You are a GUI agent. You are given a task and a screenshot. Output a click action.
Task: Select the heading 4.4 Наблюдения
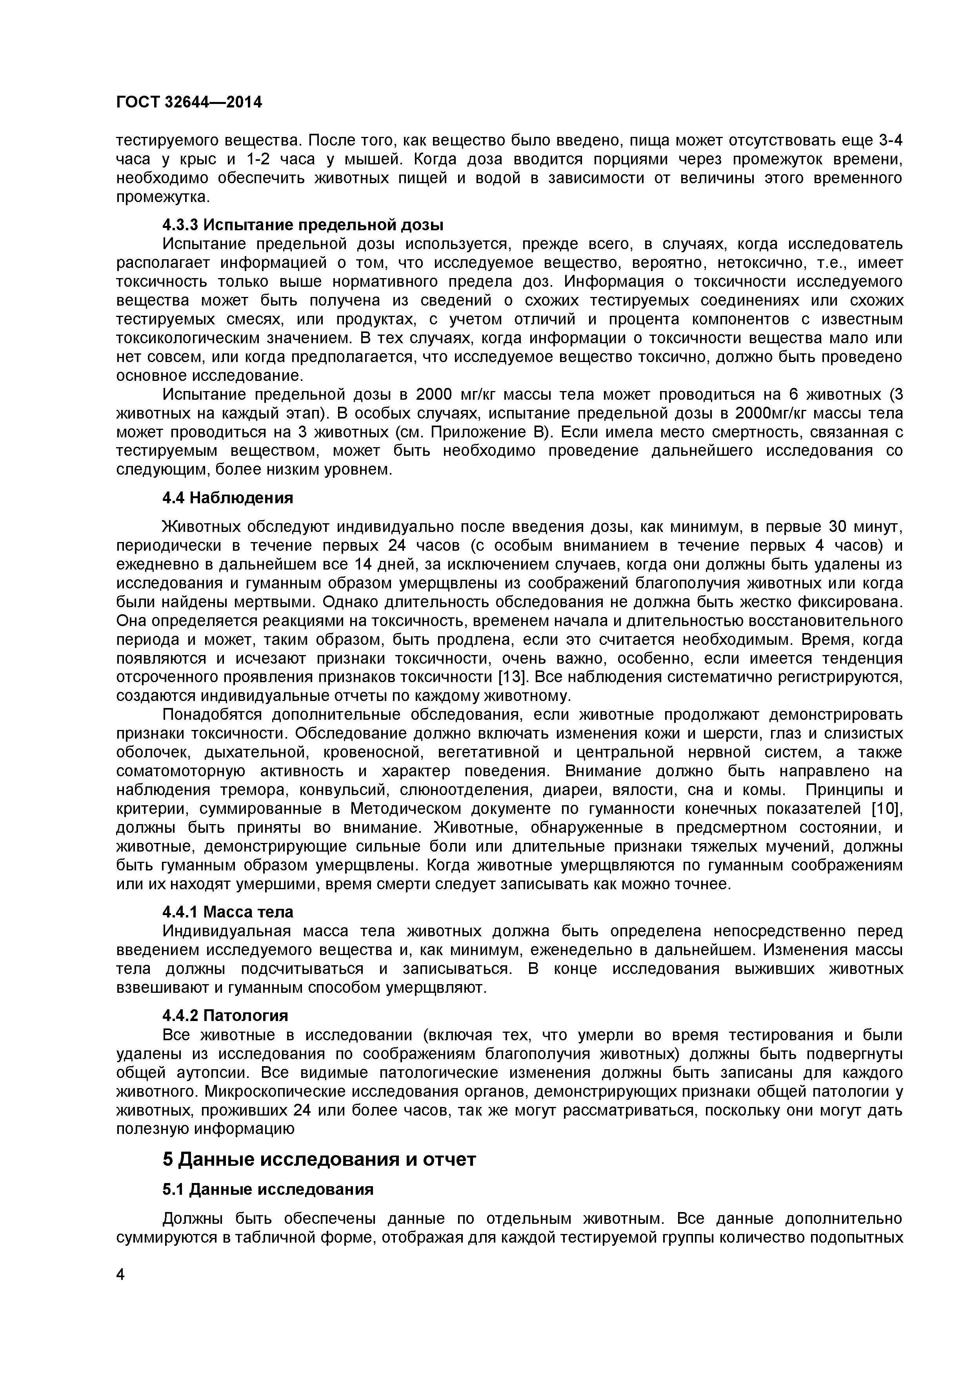coord(228,498)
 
